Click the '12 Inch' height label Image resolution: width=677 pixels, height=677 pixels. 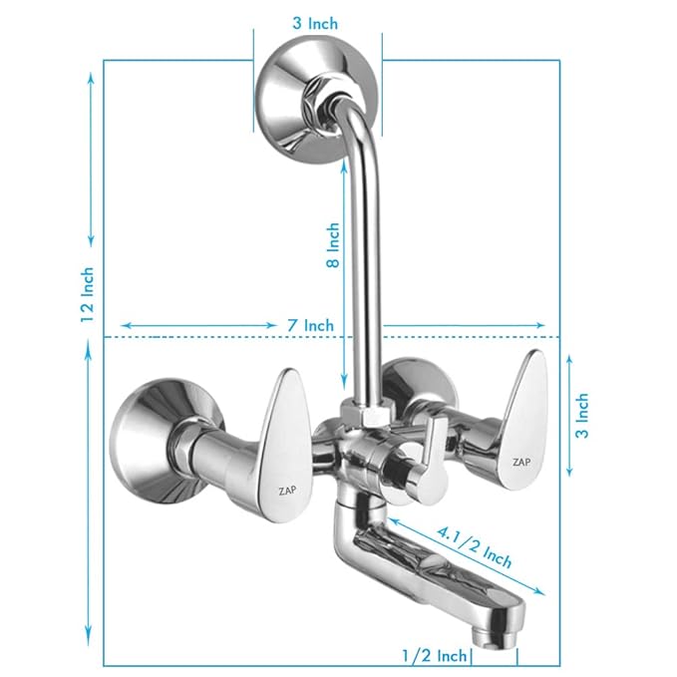pos(88,294)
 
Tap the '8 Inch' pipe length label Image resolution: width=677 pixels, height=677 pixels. pos(333,245)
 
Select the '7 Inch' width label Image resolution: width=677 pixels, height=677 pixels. pos(309,325)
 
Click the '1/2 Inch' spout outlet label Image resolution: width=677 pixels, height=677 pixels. pos(435,655)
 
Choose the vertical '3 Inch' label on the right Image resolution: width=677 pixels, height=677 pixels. pos(583,416)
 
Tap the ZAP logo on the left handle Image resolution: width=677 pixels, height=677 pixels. pos(286,489)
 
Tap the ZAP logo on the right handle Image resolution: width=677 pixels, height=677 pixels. pos(520,462)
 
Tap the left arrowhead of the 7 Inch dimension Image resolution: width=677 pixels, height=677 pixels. pos(124,325)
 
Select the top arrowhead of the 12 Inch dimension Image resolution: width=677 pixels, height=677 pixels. pos(90,76)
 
